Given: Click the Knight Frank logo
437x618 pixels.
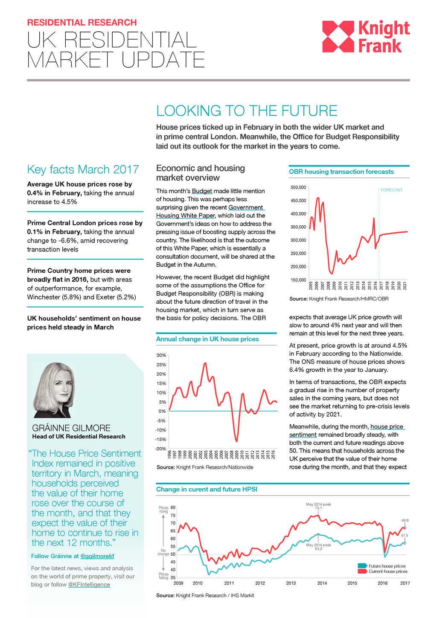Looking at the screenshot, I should pos(366,37).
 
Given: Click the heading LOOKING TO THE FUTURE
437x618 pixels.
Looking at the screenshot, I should pos(247,111).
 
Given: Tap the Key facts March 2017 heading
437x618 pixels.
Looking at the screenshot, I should pos(83,169).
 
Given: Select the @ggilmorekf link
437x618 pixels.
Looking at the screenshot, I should pos(97,556).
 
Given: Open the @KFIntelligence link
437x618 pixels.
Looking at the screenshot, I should pos(89,585).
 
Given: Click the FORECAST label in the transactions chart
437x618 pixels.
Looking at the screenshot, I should pos(391,190).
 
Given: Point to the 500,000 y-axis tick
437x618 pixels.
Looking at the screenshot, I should pos(298,187).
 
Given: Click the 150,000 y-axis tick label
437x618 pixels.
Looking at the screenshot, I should pos(298,280).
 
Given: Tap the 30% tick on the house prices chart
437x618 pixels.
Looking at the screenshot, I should pos(161,355).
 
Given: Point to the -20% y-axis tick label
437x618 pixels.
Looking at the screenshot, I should pos(160,449).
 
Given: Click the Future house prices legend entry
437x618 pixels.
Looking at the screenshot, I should pos(387,566).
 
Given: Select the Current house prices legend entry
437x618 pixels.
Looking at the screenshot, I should pos(387,571).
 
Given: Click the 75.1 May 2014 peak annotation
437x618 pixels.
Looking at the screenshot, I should pos(318,508).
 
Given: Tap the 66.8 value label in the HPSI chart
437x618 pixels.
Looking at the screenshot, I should pos(405,520).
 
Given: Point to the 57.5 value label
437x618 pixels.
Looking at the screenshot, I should pos(405,536).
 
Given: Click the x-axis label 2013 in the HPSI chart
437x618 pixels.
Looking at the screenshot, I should pos(291,583).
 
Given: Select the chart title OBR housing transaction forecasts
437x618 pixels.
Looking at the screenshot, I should pos(341,172).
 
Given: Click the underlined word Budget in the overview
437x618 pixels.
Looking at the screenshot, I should pos(202,191).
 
